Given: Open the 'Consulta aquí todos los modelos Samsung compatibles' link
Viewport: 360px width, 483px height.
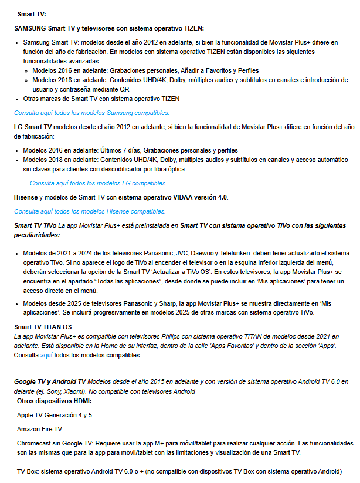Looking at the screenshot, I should point(91,112).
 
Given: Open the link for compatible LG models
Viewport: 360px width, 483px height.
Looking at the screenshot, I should point(99,183).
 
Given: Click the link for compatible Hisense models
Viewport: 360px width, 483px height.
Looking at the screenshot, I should point(90,211).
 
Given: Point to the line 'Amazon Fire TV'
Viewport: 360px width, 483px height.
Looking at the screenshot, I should point(39,429).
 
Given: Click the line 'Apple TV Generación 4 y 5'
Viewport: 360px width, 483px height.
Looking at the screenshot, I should point(55,415).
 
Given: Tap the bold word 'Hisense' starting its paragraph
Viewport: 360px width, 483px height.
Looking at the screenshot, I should point(26,197).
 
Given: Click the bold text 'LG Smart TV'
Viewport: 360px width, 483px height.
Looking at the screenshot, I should point(33,126).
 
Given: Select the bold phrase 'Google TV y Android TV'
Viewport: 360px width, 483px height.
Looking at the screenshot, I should point(50,381).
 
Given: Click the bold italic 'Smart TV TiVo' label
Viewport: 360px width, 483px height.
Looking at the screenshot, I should point(35,225).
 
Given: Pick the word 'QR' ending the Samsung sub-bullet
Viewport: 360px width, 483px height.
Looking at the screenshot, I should point(125,89).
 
